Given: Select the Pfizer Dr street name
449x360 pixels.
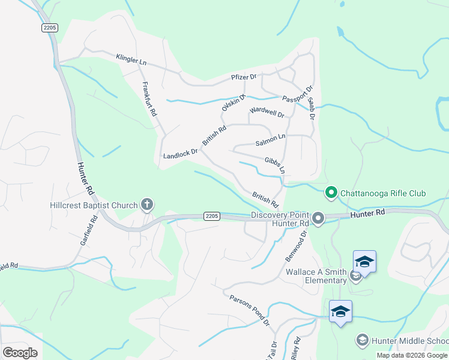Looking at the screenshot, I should point(244,77).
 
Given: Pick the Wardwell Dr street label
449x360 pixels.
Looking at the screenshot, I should point(267,111).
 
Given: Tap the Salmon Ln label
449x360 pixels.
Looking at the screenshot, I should point(270,140).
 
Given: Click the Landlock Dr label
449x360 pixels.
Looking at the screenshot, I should point(180,155).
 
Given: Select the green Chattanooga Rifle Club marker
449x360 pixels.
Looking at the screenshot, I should point(330,193).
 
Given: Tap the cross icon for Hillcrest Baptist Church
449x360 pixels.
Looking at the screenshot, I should point(146,205).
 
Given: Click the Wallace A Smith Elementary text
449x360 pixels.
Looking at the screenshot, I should point(316,276).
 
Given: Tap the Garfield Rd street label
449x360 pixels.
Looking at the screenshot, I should point(88,232).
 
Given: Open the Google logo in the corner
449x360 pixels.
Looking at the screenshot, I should point(20,353).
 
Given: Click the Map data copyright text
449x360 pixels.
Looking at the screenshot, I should point(412,355).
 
